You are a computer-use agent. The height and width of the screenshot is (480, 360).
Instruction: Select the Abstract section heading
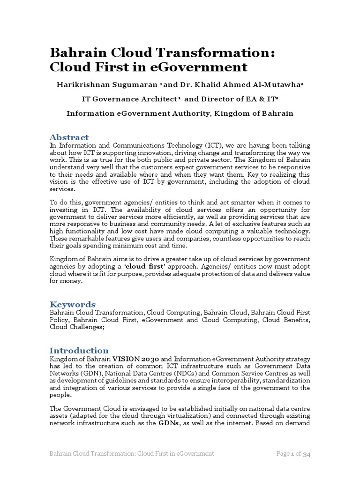click(x=69, y=137)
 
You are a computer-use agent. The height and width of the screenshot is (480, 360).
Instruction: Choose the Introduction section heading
click(x=79, y=351)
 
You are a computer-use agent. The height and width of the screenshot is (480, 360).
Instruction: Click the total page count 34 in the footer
click(x=307, y=454)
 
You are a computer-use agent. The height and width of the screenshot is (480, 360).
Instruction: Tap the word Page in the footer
click(x=284, y=454)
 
